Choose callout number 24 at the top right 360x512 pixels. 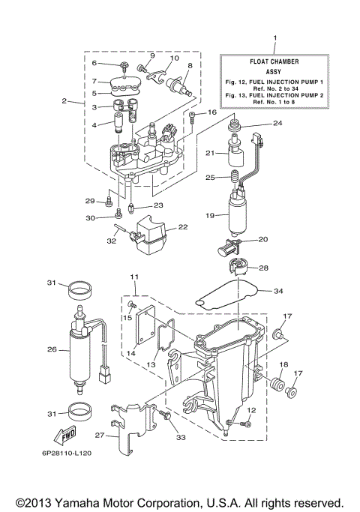pyautogui.click(x=277, y=122)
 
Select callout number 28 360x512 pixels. pyautogui.click(x=263, y=268)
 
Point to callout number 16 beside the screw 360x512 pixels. pyautogui.click(x=211, y=113)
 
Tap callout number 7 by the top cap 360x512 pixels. pyautogui.click(x=94, y=81)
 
